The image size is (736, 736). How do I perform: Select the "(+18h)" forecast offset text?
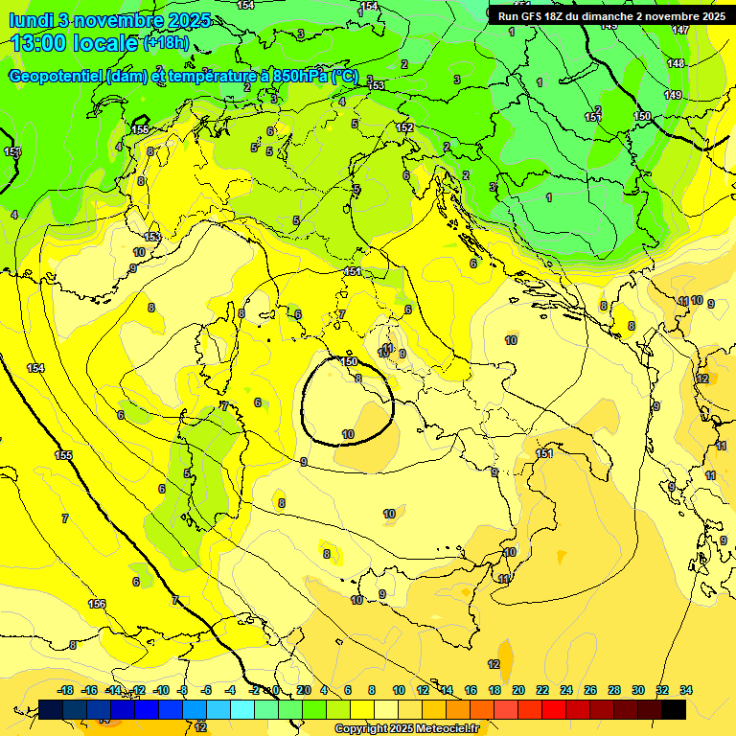tap(166, 43)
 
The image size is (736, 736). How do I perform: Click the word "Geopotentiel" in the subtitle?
tap(56, 77)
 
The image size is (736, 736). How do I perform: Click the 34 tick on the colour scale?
tap(685, 690)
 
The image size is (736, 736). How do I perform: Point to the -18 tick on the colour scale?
tap(65, 690)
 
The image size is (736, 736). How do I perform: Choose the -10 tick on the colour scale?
tap(160, 690)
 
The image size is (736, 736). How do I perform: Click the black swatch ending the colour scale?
tap(673, 710)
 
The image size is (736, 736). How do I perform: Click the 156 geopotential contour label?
tap(97, 604)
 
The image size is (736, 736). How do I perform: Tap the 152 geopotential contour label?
tap(404, 127)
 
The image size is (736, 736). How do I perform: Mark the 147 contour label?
tap(679, 31)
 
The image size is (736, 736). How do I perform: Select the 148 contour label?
tap(676, 63)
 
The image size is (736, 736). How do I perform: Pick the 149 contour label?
tap(673, 95)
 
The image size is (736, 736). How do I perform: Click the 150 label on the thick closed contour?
tap(350, 361)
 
